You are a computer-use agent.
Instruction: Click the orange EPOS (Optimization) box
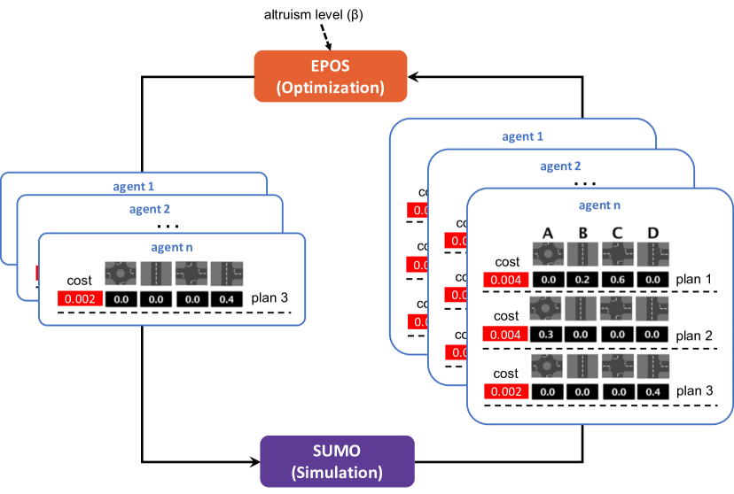331,76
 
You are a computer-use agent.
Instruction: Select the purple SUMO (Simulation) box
337,460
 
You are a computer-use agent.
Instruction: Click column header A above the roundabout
548,233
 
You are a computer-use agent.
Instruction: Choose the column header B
582,233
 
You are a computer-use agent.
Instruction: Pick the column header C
618,233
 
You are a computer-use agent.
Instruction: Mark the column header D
653,233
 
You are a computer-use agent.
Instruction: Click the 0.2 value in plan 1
582,280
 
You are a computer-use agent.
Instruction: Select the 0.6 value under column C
618,280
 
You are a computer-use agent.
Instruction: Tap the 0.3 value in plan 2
548,335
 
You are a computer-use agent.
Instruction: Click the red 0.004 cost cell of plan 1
505,280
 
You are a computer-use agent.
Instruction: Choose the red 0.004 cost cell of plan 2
505,335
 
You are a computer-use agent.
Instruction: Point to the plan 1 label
694,280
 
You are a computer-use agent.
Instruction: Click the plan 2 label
694,335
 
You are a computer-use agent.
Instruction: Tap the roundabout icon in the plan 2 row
548,309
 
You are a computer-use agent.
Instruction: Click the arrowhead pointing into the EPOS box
412,77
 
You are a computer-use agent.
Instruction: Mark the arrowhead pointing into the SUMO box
254,460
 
